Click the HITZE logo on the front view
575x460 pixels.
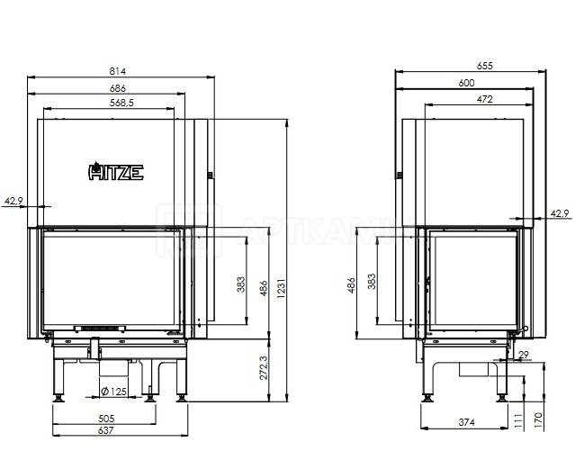point(116,171)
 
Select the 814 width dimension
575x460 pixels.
point(117,71)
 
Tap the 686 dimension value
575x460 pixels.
point(117,88)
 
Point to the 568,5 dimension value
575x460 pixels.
point(121,104)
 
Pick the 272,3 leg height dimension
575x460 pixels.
point(264,368)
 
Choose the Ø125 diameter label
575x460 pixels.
point(113,392)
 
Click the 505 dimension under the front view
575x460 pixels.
point(106,419)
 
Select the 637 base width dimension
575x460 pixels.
point(106,430)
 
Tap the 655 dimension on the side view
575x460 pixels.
point(485,66)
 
